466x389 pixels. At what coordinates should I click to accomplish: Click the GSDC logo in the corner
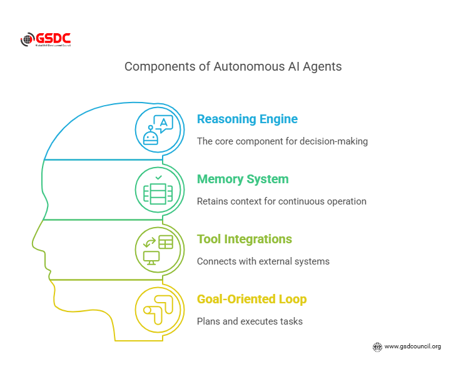45,40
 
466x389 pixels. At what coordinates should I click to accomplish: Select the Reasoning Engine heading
247,119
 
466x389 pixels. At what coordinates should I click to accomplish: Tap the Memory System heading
243,179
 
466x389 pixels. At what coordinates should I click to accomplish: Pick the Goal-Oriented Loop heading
251,299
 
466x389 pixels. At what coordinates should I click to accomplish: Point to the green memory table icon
158,190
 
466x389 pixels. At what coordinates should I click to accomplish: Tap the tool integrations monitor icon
158,250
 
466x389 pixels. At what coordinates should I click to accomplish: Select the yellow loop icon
158,310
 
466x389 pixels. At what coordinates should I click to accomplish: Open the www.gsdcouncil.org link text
412,346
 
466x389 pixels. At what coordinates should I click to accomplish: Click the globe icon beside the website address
377,346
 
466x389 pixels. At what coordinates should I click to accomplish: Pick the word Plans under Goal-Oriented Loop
209,321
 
